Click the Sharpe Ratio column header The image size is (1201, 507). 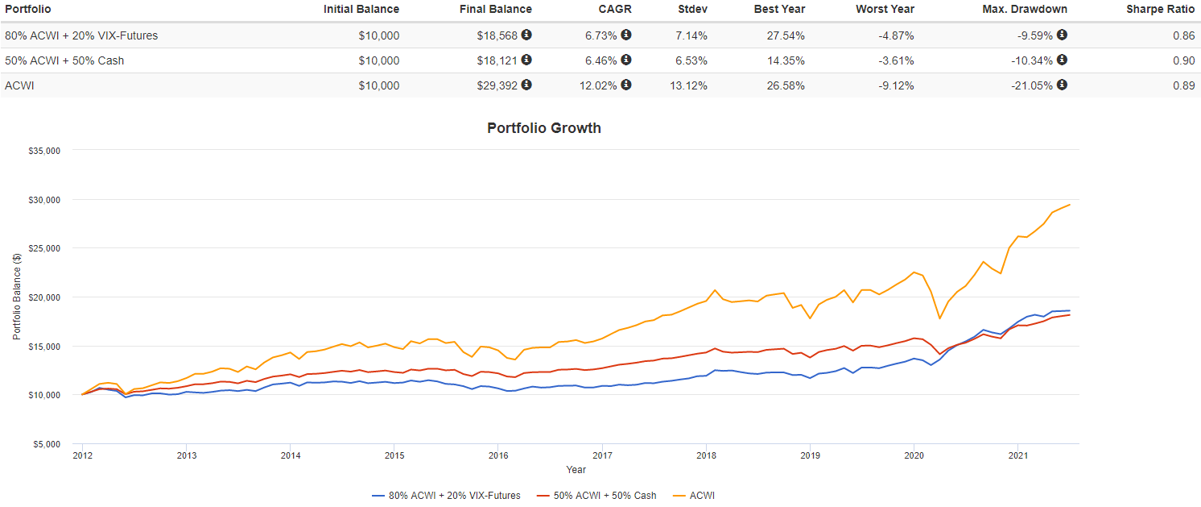[x=1160, y=9]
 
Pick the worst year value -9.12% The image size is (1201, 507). [x=896, y=85]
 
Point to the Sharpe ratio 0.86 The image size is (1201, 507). [x=1184, y=35]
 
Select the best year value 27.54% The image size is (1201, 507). [x=786, y=35]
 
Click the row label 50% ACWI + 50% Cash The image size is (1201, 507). [x=64, y=60]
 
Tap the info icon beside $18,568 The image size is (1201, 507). [x=526, y=35]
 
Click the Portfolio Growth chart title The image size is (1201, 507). [x=544, y=128]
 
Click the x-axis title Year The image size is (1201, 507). [x=576, y=469]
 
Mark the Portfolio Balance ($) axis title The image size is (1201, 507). [x=18, y=297]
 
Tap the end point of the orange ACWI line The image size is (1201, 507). [x=1070, y=205]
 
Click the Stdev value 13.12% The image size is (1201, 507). [x=689, y=85]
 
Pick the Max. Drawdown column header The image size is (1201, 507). [x=1024, y=9]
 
